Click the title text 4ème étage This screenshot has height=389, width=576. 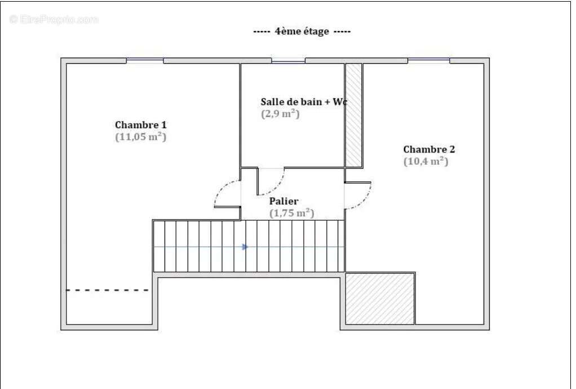(x=302, y=32)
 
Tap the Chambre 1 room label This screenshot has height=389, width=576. (x=140, y=125)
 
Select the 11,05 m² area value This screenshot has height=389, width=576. (x=140, y=137)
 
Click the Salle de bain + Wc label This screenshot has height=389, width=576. (x=303, y=102)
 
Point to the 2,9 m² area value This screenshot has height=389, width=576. (x=280, y=113)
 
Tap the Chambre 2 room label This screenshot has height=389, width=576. (x=429, y=149)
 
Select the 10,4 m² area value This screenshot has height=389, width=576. (x=426, y=161)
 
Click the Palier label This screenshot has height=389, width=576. (x=283, y=201)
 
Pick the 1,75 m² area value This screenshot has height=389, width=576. (x=291, y=213)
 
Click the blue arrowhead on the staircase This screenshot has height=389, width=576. (x=245, y=247)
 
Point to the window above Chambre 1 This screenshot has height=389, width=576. (x=145, y=60)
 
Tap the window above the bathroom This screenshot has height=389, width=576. (x=288, y=60)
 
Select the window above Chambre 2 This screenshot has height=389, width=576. (x=428, y=60)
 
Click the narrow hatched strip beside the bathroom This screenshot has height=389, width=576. (x=353, y=115)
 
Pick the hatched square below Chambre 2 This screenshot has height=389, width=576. (x=380, y=299)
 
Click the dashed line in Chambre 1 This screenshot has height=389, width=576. (x=108, y=290)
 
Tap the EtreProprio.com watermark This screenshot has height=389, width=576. (x=54, y=20)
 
